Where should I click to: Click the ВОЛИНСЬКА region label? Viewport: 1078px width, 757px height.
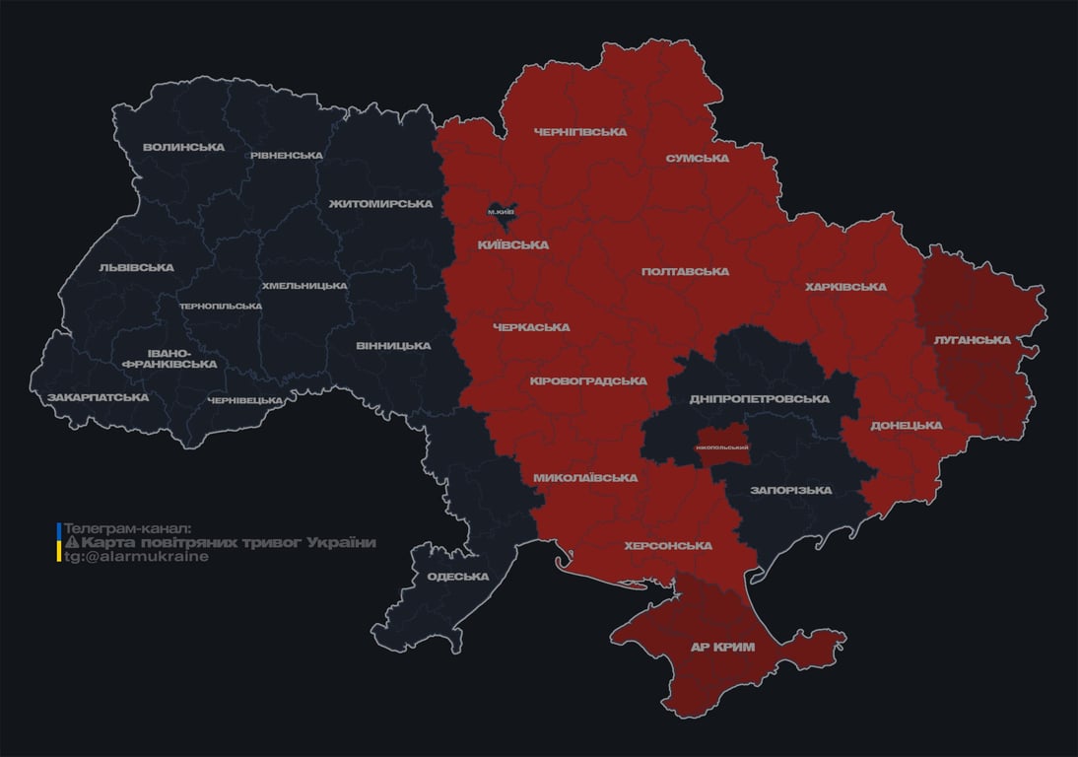(x=183, y=148)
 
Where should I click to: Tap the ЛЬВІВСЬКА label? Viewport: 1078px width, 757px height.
(x=136, y=268)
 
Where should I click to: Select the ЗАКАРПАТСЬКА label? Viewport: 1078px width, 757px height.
(x=98, y=398)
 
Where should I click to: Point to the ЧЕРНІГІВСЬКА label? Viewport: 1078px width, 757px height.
(x=580, y=132)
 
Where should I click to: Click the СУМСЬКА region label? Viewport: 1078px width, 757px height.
(x=697, y=159)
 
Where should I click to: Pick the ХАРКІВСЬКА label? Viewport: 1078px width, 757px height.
(x=845, y=288)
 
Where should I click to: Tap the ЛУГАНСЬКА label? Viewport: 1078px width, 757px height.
(x=972, y=340)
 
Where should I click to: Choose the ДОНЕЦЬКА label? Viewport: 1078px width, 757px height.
(x=906, y=426)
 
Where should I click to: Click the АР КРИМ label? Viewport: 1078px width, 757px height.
(x=721, y=648)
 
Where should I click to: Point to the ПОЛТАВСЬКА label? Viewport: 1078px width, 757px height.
(x=685, y=272)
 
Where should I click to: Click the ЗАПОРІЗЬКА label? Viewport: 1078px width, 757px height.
(x=790, y=491)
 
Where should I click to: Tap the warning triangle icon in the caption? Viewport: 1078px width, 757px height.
(x=71, y=543)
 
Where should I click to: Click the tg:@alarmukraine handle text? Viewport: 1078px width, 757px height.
(x=136, y=557)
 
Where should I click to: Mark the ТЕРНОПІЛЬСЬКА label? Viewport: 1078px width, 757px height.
(x=221, y=307)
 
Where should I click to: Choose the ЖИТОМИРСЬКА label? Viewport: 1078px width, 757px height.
(x=380, y=204)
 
